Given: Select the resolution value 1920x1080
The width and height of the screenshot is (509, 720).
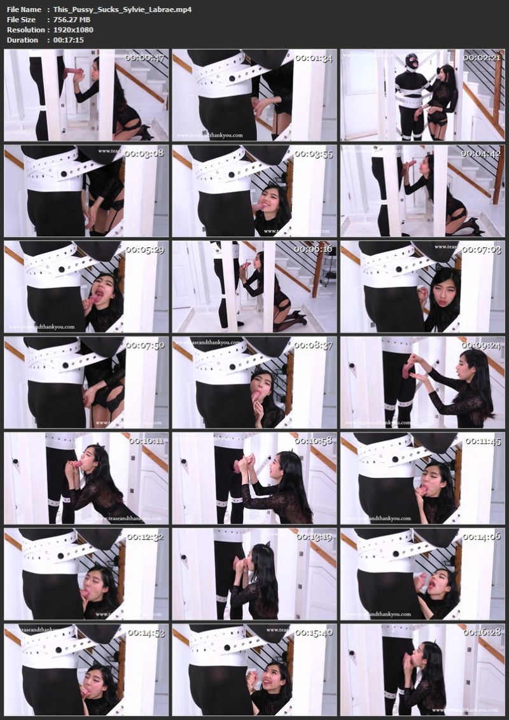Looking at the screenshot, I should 74,30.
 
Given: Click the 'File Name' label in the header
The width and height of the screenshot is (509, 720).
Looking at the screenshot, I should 24,10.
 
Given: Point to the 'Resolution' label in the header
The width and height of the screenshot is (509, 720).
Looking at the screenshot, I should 26,30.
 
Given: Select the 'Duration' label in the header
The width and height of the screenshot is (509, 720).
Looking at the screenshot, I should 22,40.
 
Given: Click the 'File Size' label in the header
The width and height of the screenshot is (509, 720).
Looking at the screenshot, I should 22,20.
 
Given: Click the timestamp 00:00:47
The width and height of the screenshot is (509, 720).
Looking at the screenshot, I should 144,58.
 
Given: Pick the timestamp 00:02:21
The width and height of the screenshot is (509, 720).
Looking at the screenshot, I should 482,58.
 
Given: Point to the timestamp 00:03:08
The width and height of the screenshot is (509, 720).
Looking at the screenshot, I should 144,153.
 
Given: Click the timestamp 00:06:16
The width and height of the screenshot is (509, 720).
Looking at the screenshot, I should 313,249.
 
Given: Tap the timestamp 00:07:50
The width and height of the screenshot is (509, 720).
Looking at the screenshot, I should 144,345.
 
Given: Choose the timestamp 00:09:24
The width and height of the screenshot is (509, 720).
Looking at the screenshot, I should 482,345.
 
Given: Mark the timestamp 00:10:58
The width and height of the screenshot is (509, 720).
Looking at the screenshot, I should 313,441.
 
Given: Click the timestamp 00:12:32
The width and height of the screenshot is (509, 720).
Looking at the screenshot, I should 144,537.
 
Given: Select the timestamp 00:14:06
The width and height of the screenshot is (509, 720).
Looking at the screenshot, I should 482,537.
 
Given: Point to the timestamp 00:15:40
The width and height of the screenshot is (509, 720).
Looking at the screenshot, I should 313,633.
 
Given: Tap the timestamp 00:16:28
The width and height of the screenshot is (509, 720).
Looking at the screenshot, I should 482,633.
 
